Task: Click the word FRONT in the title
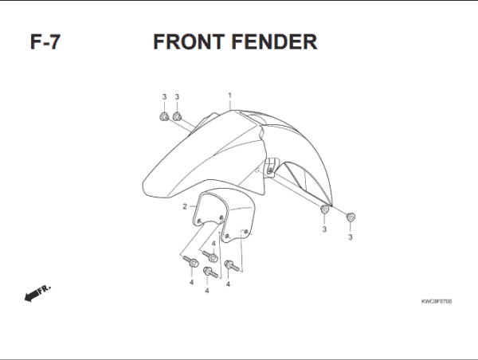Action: tap(189, 41)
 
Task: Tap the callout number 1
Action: tap(229, 95)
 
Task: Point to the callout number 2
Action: tap(184, 206)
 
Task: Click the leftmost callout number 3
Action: tap(164, 97)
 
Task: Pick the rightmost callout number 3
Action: tap(351, 236)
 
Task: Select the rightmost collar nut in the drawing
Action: tap(351, 216)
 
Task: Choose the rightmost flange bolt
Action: tap(230, 265)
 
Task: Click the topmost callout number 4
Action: tap(214, 243)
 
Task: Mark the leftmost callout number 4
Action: tap(191, 283)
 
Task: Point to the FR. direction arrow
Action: tap(33, 295)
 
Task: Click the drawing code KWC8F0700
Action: tap(437, 302)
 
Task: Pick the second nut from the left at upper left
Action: tap(177, 117)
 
